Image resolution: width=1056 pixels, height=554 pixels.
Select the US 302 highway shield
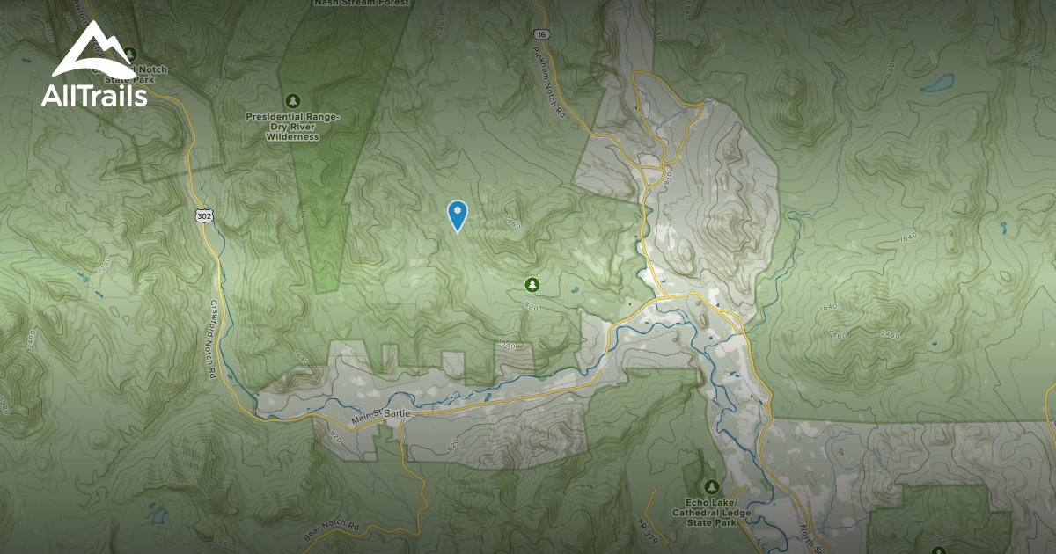[202, 214]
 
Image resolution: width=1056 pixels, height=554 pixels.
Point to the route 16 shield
[540, 34]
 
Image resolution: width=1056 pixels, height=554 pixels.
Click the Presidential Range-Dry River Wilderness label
[292, 126]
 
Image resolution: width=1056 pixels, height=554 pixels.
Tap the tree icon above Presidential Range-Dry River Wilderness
[292, 99]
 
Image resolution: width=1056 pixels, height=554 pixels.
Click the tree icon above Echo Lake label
[711, 486]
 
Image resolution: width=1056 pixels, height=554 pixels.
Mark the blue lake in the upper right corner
[938, 84]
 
